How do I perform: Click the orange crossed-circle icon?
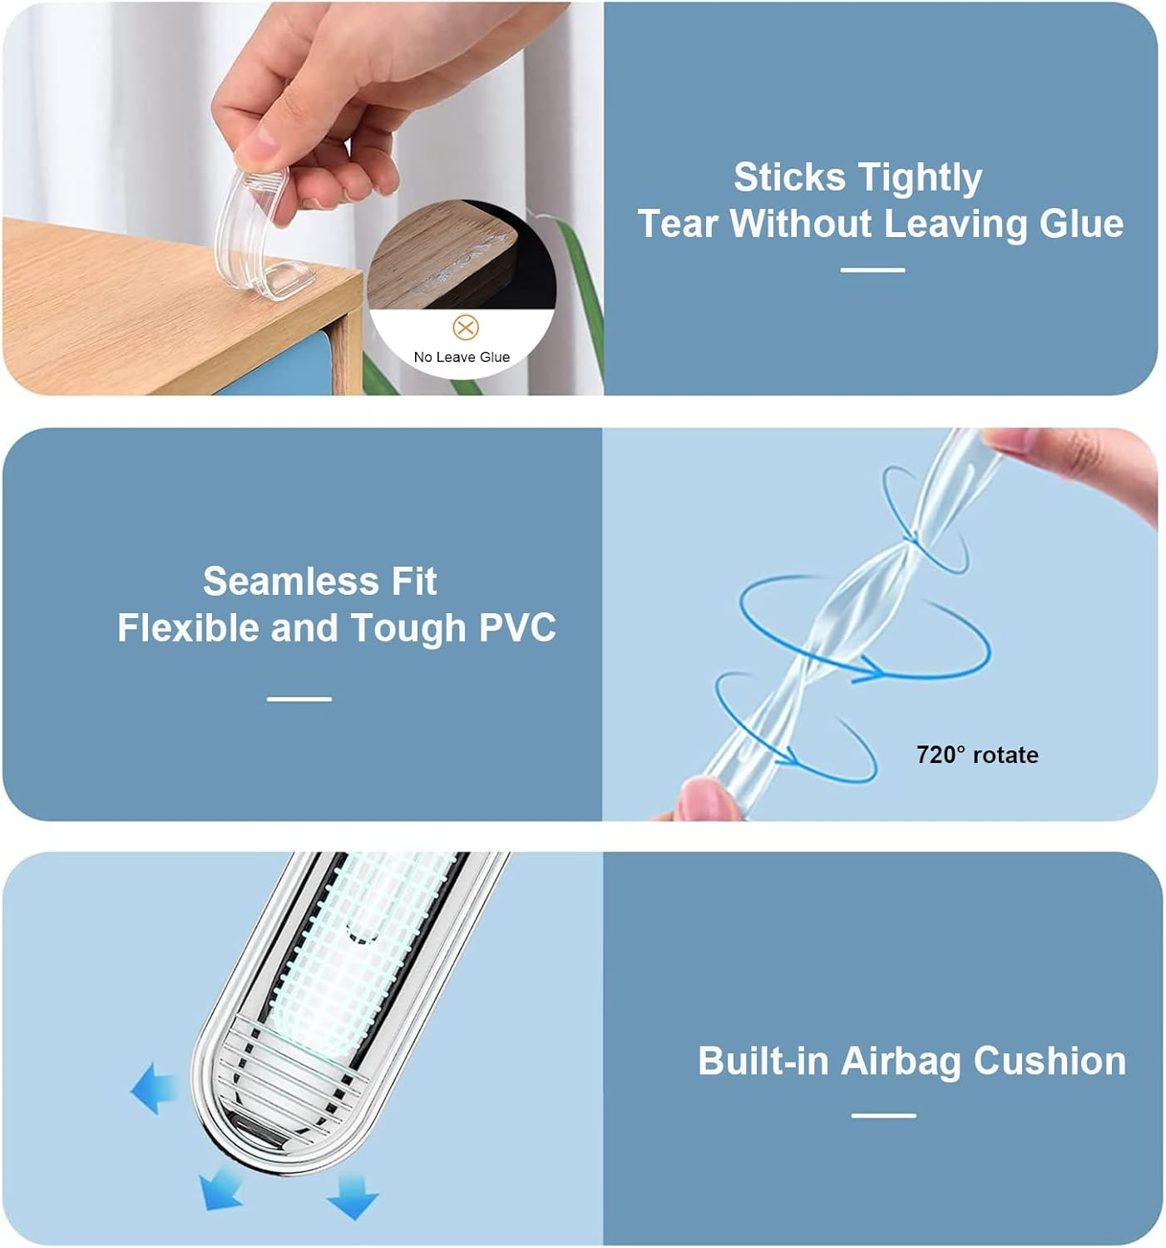pos(466,327)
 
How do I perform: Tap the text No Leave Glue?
pos(462,357)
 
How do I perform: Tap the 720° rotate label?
pos(977,755)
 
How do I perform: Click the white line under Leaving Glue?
pos(872,270)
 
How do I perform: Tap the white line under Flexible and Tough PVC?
pos(299,699)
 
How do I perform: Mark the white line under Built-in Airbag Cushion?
pos(883,1115)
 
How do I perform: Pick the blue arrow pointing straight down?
pos(353,1196)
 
